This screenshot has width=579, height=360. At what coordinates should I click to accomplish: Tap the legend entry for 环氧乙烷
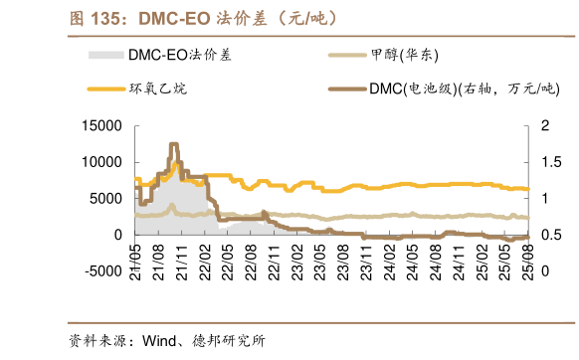pos(157,89)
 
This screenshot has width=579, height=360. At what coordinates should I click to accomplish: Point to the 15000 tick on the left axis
pos(102,126)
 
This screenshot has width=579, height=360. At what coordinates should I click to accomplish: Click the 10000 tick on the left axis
pos(102,162)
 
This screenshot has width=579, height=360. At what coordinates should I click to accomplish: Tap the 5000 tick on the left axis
pos(106,198)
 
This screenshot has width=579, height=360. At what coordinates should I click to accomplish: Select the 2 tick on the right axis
pos(544,126)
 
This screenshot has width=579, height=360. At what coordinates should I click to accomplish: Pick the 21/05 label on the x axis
pos(135,255)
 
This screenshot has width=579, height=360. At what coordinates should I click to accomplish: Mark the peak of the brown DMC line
pos(174,144)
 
